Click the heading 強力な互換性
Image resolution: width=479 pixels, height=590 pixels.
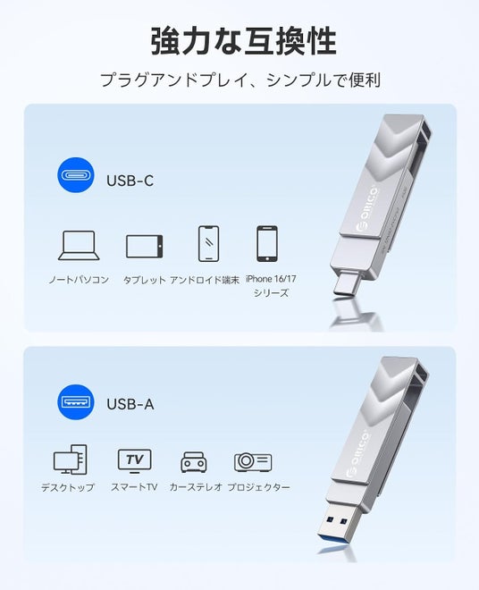pyautogui.click(x=243, y=41)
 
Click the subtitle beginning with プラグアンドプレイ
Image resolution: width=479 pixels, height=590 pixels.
pyautogui.click(x=240, y=80)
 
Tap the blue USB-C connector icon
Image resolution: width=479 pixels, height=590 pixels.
pyautogui.click(x=76, y=175)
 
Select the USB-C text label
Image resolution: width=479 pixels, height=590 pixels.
pyautogui.click(x=130, y=181)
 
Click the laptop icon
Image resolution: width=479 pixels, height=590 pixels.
pyautogui.click(x=79, y=245)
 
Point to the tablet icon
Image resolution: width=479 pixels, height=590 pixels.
pyautogui.click(x=145, y=247)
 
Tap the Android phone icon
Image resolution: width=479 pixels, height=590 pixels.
pyautogui.click(x=208, y=243)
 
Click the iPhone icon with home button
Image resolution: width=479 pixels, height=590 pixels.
pyautogui.click(x=267, y=243)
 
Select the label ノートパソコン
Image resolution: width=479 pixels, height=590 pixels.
pyautogui.click(x=79, y=280)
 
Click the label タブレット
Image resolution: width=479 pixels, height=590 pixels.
pyautogui.click(x=145, y=280)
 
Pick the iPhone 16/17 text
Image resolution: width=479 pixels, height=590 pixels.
pyautogui.click(x=271, y=279)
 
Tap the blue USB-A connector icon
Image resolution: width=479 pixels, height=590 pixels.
pyautogui.click(x=76, y=402)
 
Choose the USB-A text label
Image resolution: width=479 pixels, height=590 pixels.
pyautogui.click(x=130, y=404)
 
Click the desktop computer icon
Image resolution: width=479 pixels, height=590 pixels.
pyautogui.click(x=71, y=459)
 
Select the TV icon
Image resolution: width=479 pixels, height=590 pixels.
pyautogui.click(x=135, y=461)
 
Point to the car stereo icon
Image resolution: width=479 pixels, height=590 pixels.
pyautogui.click(x=194, y=462)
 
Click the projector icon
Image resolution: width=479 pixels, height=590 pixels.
pyautogui.click(x=253, y=461)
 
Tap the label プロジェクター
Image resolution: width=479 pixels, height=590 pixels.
pyautogui.click(x=259, y=487)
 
